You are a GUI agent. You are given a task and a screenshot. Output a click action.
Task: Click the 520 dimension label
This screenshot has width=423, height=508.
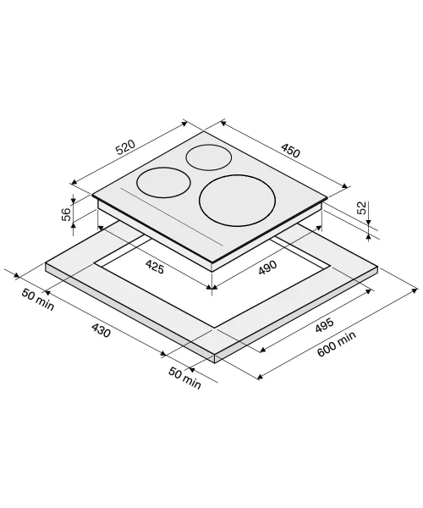[125, 147]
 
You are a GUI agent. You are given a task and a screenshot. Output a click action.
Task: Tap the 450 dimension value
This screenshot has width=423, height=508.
[291, 151]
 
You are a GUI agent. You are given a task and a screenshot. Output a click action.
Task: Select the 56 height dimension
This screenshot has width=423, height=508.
[66, 214]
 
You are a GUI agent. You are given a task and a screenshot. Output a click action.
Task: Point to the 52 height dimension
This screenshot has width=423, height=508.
[362, 207]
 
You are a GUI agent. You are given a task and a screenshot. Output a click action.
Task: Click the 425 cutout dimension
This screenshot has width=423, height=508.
[155, 268]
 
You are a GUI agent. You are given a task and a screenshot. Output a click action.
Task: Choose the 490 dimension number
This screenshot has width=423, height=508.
[267, 268]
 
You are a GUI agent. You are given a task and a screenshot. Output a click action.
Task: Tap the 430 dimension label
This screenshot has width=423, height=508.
[101, 330]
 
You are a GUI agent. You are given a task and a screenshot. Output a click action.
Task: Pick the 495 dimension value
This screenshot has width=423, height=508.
[324, 325]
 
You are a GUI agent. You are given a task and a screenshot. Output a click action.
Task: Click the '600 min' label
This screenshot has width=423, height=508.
[337, 344]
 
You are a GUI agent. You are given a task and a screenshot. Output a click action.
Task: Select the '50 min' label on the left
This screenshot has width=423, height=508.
[38, 300]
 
